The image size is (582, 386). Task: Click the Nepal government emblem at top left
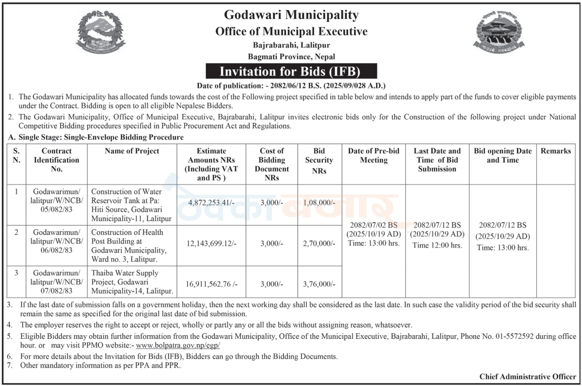click(x=101, y=34)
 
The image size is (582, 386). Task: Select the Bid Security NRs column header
click(x=319, y=160)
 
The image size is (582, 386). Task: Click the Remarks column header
click(x=556, y=151)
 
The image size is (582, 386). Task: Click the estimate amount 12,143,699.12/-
click(x=212, y=243)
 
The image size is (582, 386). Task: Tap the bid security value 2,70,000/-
click(x=319, y=243)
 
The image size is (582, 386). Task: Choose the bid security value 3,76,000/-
click(x=319, y=283)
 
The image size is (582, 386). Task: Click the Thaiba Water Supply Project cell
click(x=132, y=282)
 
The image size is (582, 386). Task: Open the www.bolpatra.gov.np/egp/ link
click(x=178, y=346)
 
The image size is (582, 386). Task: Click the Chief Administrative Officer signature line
click(x=528, y=376)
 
